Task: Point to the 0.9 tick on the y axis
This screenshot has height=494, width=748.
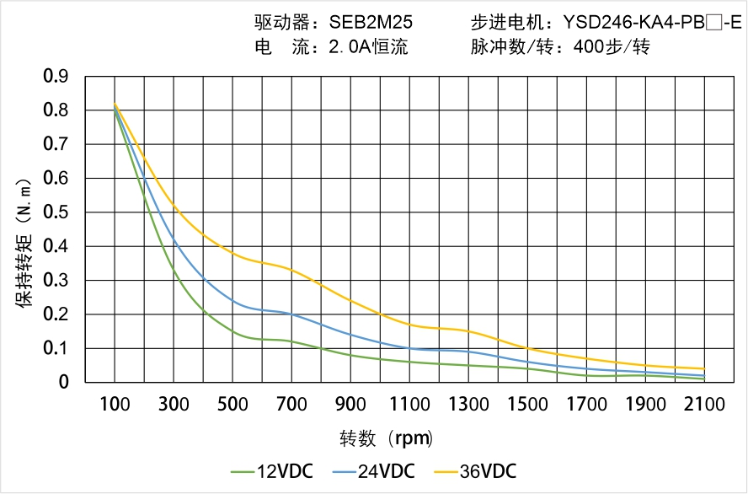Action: pyautogui.click(x=56, y=77)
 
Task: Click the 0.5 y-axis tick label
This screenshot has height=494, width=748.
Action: pyautogui.click(x=56, y=212)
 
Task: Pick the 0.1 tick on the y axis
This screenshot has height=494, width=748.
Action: pyautogui.click(x=56, y=348)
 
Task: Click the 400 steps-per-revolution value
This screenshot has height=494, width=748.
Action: pyautogui.click(x=588, y=47)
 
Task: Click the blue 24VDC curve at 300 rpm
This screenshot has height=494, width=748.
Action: pyautogui.click(x=174, y=240)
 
